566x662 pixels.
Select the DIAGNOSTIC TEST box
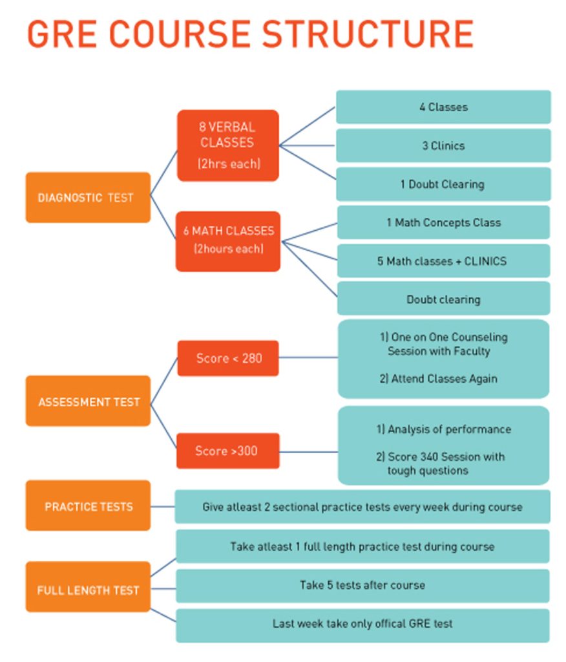click(88, 197)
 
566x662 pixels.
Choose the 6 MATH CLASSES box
click(228, 240)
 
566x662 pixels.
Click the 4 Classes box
click(443, 107)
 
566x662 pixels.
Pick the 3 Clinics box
click(443, 145)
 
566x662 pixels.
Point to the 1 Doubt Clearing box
click(443, 184)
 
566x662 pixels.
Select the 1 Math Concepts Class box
click(443, 222)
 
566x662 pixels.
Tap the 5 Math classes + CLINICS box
click(443, 261)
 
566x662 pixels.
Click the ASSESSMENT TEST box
click(88, 401)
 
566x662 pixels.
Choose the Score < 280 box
click(228, 358)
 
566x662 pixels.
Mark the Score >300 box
click(227, 451)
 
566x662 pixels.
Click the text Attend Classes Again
click(444, 379)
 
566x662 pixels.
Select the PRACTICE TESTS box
click(88, 506)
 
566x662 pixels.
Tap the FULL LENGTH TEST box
click(88, 590)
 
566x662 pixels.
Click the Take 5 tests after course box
click(362, 585)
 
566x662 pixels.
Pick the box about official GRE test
click(362, 624)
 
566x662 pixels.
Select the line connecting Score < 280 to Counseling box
click(308, 357)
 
